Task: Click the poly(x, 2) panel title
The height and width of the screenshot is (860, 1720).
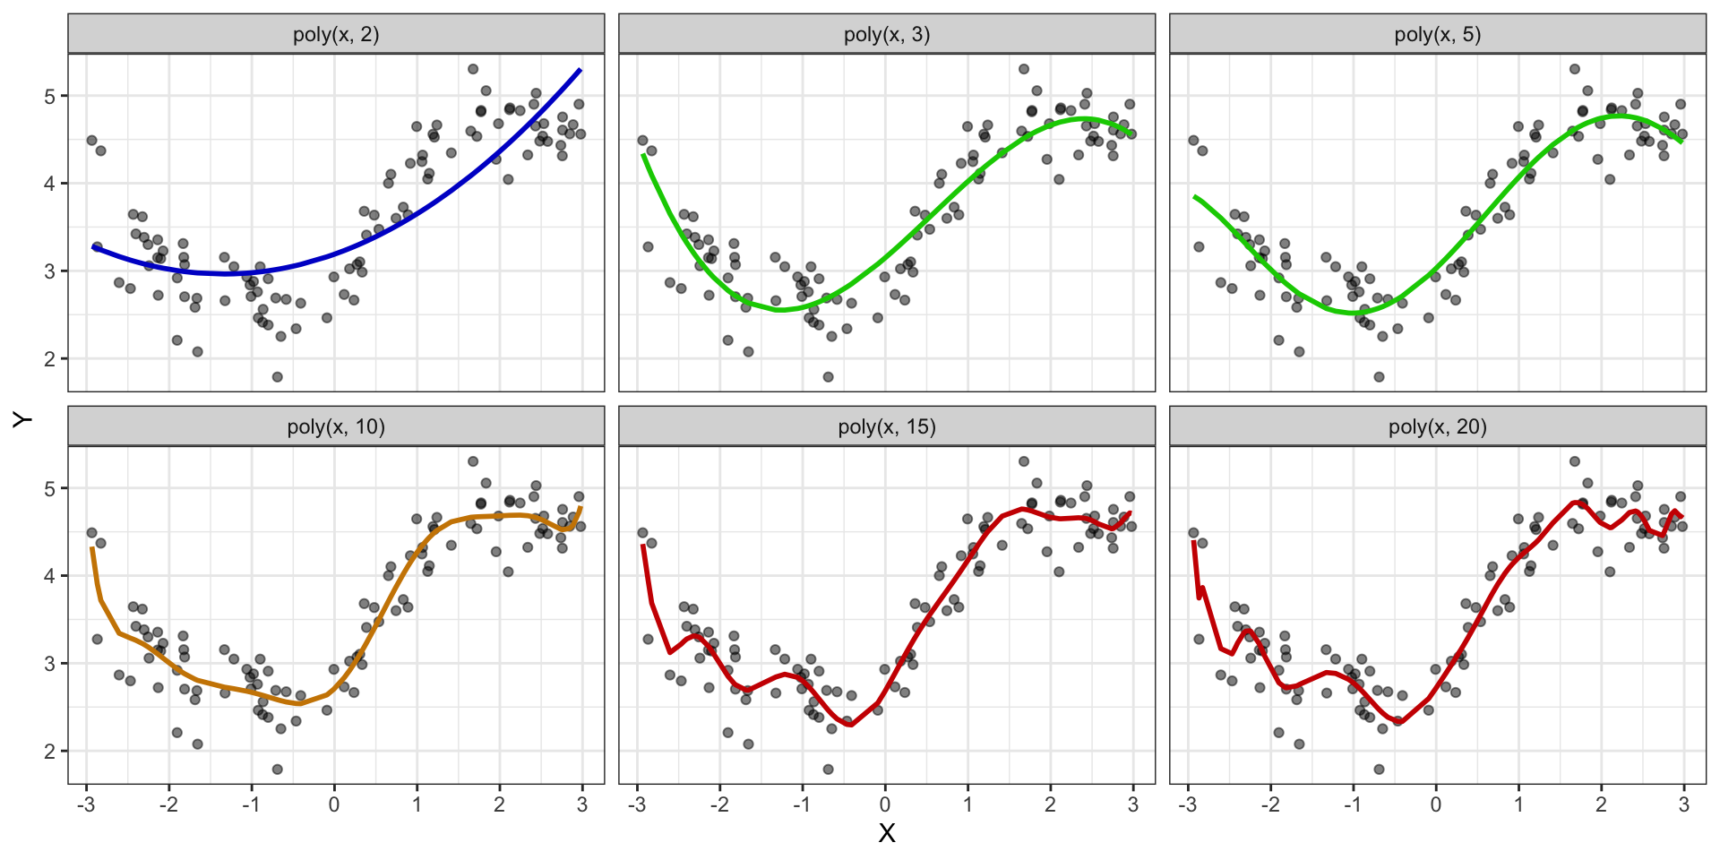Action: [x=336, y=35]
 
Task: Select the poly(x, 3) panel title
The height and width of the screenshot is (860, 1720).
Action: [x=887, y=35]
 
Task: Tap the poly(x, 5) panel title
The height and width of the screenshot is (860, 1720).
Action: [x=1438, y=35]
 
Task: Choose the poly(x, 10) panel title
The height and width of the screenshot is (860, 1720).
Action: [x=336, y=427]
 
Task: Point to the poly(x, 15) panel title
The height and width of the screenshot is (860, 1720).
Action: [x=887, y=427]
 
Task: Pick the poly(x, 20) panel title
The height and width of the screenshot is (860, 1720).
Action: [x=1438, y=427]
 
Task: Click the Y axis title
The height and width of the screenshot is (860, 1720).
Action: [x=22, y=419]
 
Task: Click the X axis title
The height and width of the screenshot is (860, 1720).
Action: [x=887, y=834]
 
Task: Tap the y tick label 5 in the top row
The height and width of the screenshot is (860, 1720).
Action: [x=50, y=97]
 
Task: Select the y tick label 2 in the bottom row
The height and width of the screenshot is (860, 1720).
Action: [x=50, y=752]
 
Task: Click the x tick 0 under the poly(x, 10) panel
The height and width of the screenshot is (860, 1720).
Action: [x=334, y=804]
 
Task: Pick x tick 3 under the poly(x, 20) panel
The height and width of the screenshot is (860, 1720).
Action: [x=1684, y=804]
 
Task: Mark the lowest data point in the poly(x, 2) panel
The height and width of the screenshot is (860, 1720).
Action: [x=278, y=377]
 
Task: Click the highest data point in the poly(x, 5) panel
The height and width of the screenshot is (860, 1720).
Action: [x=1575, y=69]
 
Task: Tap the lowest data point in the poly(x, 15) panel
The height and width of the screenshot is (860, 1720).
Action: [x=829, y=770]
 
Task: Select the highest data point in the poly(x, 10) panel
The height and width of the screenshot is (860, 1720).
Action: [x=473, y=461]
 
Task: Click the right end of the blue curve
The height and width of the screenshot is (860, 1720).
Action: [x=580, y=69]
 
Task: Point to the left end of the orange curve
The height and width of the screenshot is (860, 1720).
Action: [x=91, y=547]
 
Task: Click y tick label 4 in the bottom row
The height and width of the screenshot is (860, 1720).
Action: [x=50, y=576]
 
